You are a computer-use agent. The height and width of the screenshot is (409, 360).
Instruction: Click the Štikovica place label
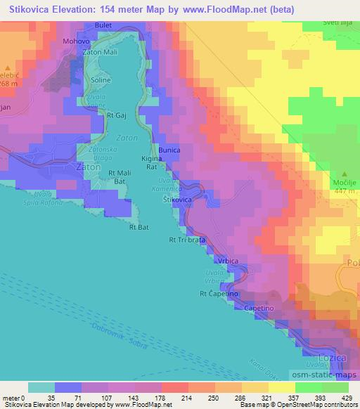click(178, 200)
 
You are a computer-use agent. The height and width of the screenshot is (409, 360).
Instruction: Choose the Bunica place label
click(169, 150)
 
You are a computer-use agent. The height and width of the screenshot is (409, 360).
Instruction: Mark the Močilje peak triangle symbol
click(344, 173)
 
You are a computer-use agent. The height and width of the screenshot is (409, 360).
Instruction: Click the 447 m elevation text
click(344, 190)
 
